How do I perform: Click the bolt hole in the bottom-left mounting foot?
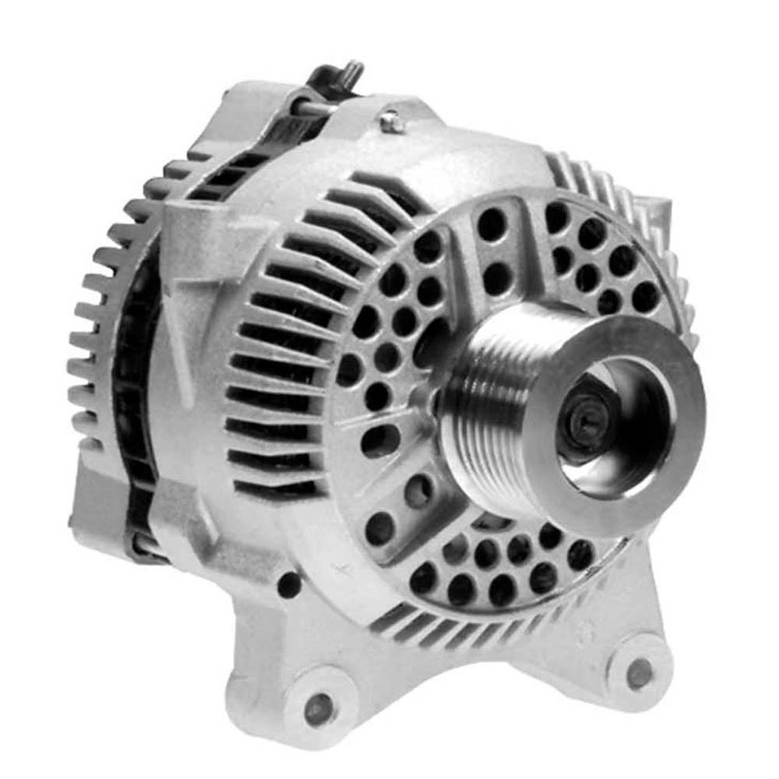[x=319, y=708]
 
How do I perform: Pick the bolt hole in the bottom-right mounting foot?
[x=639, y=672]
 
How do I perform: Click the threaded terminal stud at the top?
[x=353, y=72]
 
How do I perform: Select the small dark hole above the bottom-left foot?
[x=290, y=583]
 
